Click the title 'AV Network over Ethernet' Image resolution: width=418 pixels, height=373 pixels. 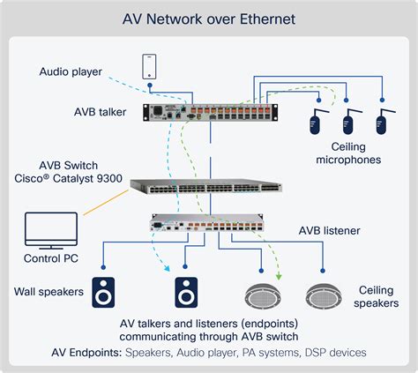coord(209,19)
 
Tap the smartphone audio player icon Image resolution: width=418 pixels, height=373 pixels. coord(149,67)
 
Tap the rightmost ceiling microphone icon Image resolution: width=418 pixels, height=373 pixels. coord(382,122)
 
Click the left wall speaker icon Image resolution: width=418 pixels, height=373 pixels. coord(105,290)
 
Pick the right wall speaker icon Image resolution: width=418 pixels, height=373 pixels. coord(187,290)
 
